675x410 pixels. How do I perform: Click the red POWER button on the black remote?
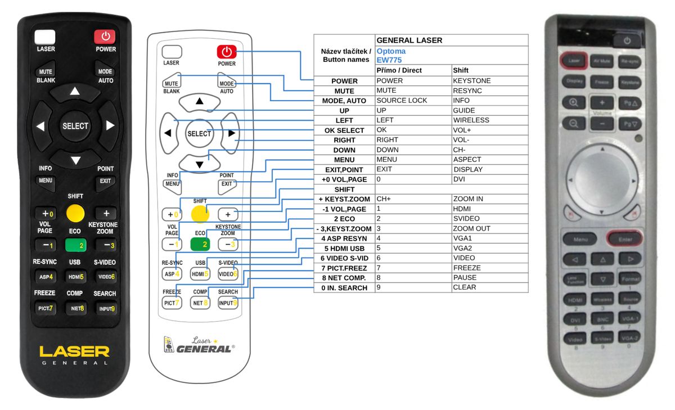click(105, 37)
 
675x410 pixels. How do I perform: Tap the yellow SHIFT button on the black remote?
click(75, 213)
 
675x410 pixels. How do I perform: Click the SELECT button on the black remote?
click(75, 126)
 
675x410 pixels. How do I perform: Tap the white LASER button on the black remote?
click(45, 37)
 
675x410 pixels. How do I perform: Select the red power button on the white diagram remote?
click(226, 52)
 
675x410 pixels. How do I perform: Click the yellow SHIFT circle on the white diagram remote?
click(199, 214)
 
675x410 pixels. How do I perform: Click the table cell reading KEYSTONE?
click(472, 80)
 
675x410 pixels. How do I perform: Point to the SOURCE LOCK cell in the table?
click(402, 100)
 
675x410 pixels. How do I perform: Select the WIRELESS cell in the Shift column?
click(471, 120)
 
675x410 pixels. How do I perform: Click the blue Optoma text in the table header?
click(391, 51)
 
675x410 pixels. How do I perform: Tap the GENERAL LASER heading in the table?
click(409, 40)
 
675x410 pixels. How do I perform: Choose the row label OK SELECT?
click(344, 130)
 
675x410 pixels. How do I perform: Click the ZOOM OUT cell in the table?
click(471, 228)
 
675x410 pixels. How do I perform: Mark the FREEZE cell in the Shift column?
click(467, 268)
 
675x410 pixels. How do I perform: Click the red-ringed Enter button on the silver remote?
click(624, 239)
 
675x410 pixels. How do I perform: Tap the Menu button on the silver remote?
click(580, 239)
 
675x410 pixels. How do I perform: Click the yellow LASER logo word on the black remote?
click(74, 352)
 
